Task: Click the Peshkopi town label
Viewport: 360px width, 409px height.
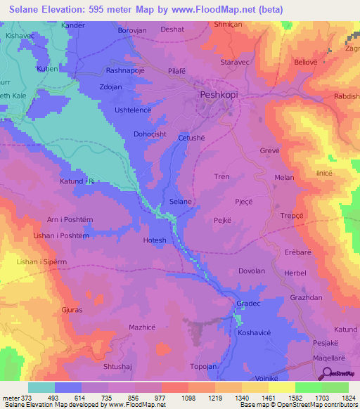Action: [x=214, y=93]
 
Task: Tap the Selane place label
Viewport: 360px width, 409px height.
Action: [x=181, y=202]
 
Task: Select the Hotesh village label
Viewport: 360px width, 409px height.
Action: [x=155, y=240]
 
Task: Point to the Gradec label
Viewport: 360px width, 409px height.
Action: [x=249, y=304]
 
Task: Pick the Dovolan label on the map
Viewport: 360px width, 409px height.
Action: [x=252, y=271]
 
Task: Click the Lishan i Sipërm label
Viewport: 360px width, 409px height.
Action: [x=39, y=261]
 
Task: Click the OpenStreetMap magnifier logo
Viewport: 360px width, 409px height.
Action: [x=327, y=375]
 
